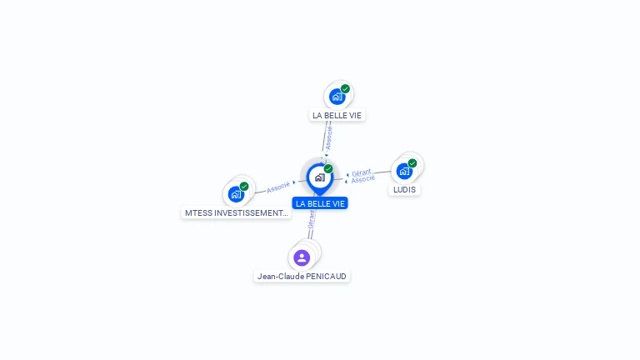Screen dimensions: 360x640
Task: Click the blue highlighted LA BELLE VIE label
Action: (320, 203)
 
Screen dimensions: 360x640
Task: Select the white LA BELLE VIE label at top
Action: (337, 115)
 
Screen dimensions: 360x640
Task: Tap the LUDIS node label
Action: (404, 189)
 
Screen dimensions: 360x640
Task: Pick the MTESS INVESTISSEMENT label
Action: (236, 212)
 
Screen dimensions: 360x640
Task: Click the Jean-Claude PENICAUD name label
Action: (302, 276)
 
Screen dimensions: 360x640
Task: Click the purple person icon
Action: (302, 257)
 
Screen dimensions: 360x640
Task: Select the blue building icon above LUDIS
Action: (404, 171)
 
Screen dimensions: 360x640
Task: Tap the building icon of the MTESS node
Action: (236, 194)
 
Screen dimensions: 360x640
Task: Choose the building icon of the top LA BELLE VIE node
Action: (337, 97)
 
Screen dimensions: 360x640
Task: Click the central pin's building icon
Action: (319, 177)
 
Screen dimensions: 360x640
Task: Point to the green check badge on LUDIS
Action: (412, 163)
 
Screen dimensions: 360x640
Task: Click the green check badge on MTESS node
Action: (244, 187)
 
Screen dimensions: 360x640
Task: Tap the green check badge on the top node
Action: (345, 89)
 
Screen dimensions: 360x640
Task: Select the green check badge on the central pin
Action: (328, 168)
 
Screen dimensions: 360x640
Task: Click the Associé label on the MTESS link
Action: (278, 187)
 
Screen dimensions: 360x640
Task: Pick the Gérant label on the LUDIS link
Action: (361, 172)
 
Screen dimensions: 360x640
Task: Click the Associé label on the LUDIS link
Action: (363, 179)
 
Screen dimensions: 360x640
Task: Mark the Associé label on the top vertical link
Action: (328, 137)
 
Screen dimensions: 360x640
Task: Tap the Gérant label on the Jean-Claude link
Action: (312, 220)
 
